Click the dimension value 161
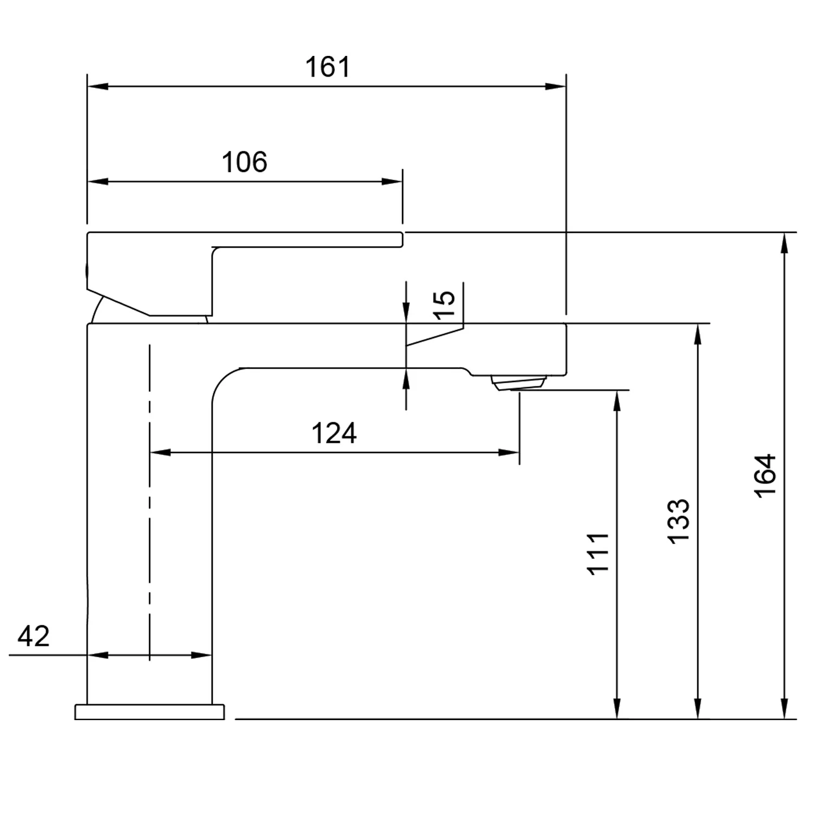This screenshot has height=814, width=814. click(328, 67)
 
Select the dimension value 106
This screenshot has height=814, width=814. click(244, 162)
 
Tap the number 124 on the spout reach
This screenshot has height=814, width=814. click(334, 434)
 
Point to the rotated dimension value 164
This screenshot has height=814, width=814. click(766, 475)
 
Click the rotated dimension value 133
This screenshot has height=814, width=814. click(678, 521)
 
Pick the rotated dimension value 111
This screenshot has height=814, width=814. click(599, 554)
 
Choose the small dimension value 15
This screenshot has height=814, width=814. click(445, 305)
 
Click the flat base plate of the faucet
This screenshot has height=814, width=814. click(149, 712)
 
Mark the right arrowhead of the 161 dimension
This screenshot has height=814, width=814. click(557, 86)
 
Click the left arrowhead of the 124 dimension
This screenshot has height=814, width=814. click(160, 452)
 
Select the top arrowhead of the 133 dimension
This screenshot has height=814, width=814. click(698, 333)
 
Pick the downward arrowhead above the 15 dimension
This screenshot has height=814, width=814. click(406, 314)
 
